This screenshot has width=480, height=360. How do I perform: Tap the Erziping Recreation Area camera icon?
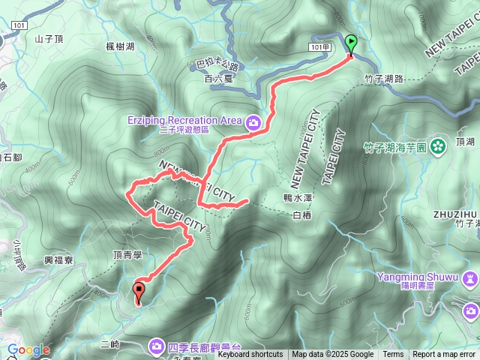click(253, 121)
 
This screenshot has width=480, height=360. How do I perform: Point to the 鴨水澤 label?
click(309, 199)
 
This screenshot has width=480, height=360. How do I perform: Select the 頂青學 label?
click(127, 255)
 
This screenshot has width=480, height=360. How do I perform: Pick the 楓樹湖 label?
click(120, 46)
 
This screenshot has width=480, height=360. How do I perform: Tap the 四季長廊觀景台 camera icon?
click(156, 346)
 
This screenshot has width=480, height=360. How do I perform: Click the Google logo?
click(28, 349)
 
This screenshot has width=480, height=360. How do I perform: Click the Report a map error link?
click(444, 355)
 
